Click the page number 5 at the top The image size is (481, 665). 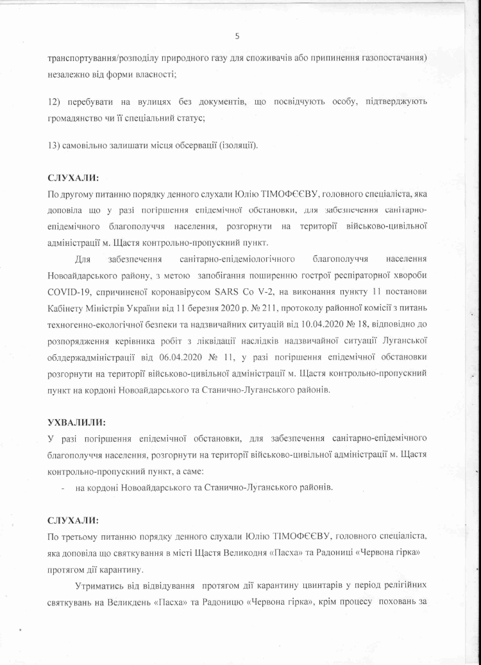tap(237, 36)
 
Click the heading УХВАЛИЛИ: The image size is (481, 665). tap(77, 423)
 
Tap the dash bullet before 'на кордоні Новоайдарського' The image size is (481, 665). tap(62, 488)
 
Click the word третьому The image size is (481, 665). tap(80, 535)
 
